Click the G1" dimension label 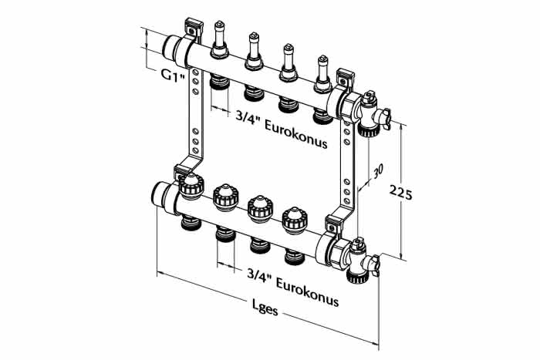click(x=174, y=75)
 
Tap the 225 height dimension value click(x=400, y=193)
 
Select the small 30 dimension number click(x=378, y=170)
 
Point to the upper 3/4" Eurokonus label click(x=282, y=129)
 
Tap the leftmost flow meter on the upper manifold click(x=219, y=39)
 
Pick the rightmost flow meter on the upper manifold click(x=322, y=74)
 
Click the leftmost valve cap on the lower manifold click(x=191, y=187)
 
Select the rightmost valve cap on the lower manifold click(x=294, y=220)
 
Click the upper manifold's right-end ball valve click(x=371, y=114)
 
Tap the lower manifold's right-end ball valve click(x=360, y=260)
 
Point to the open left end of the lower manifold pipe click(x=159, y=196)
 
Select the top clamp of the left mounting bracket click(x=192, y=28)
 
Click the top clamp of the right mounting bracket click(x=345, y=77)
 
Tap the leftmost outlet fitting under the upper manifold click(x=219, y=81)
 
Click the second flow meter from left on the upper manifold click(x=254, y=51)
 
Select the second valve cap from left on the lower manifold click(x=225, y=197)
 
